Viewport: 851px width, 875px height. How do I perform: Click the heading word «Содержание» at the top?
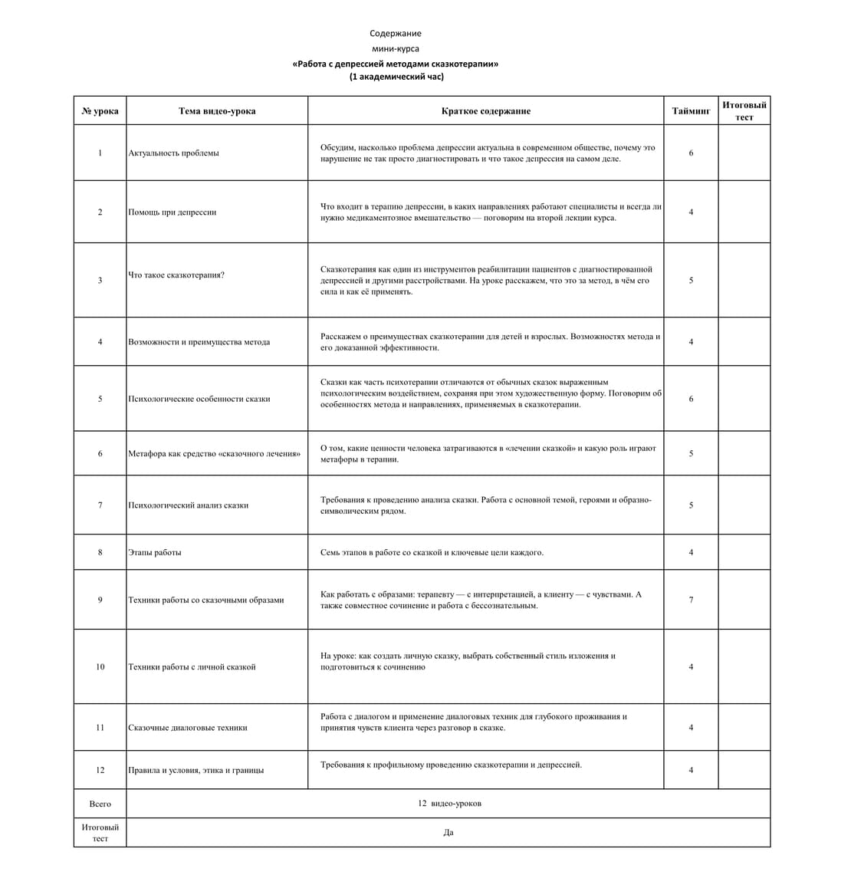tap(395, 34)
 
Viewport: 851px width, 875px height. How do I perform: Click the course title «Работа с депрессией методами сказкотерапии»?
tap(395, 64)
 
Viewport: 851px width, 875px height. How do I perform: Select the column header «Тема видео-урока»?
tap(217, 111)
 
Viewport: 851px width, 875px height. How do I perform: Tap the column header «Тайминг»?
tap(691, 111)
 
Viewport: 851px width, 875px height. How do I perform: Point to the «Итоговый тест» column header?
tap(744, 110)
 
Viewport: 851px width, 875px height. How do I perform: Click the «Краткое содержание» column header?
tap(485, 111)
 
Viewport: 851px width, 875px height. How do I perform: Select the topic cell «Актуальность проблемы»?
tap(173, 153)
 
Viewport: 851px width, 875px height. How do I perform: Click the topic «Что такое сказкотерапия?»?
tap(176, 275)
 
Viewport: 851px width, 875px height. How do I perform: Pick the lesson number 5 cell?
tap(100, 399)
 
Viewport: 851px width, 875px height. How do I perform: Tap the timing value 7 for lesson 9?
tap(691, 600)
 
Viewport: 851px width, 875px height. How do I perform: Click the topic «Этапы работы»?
tap(155, 553)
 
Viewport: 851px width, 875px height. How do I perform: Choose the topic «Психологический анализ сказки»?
tap(188, 505)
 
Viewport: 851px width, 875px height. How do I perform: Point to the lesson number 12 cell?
tap(100, 770)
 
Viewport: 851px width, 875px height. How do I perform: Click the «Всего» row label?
tap(100, 804)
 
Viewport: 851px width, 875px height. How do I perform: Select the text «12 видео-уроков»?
tap(449, 804)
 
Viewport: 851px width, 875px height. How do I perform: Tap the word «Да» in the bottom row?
tap(449, 833)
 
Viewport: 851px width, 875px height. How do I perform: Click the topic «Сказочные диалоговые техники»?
tap(188, 728)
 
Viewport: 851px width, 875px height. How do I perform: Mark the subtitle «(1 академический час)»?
tap(396, 77)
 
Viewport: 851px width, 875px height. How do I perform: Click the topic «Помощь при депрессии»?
tap(172, 212)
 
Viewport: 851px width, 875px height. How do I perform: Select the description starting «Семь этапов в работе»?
tap(432, 553)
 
